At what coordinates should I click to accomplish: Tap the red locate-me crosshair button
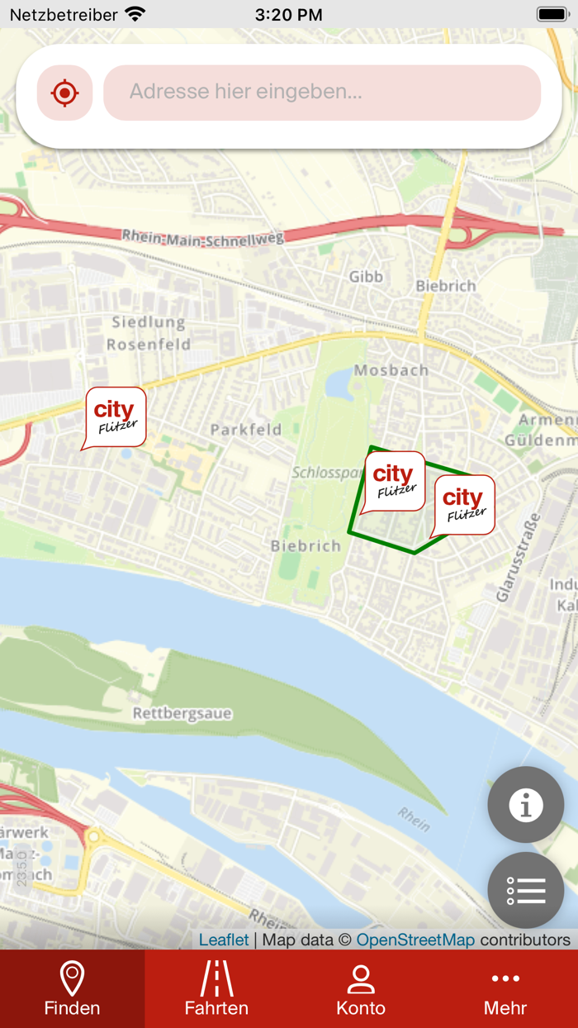(64, 93)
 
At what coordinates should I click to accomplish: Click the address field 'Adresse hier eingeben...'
(322, 93)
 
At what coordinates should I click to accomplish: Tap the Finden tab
(72, 989)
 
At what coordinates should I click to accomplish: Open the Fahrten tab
(216, 989)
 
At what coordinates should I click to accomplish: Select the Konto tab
(361, 989)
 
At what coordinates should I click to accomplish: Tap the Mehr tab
(505, 989)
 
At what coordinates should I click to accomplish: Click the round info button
(525, 804)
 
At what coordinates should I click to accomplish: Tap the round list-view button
(525, 890)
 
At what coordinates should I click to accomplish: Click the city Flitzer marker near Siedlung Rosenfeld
(116, 416)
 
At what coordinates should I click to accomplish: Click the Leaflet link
(224, 940)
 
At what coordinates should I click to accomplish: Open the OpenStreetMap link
(415, 940)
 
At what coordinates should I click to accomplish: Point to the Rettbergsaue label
(182, 714)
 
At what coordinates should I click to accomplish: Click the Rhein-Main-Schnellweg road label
(203, 237)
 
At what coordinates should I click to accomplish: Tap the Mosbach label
(391, 370)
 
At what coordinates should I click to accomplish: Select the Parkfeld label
(246, 430)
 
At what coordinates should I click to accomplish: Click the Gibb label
(366, 277)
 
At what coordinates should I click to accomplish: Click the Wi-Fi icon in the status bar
(135, 14)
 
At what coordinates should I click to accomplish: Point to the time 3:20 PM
(288, 15)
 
